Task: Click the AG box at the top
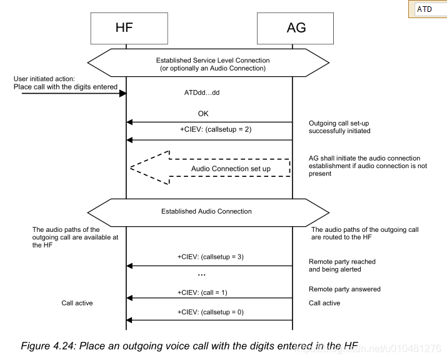click(x=293, y=27)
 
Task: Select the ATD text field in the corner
click(x=430, y=9)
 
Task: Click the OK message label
click(x=203, y=114)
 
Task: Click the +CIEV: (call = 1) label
click(x=203, y=291)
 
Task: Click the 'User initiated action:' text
click(x=44, y=79)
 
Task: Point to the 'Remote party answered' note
click(x=344, y=289)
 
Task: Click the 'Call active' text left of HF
click(x=77, y=303)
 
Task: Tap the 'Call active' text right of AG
click(x=325, y=303)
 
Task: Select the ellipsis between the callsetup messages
click(x=201, y=274)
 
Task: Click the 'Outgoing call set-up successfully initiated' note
click(x=339, y=127)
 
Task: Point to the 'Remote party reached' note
click(x=342, y=261)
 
